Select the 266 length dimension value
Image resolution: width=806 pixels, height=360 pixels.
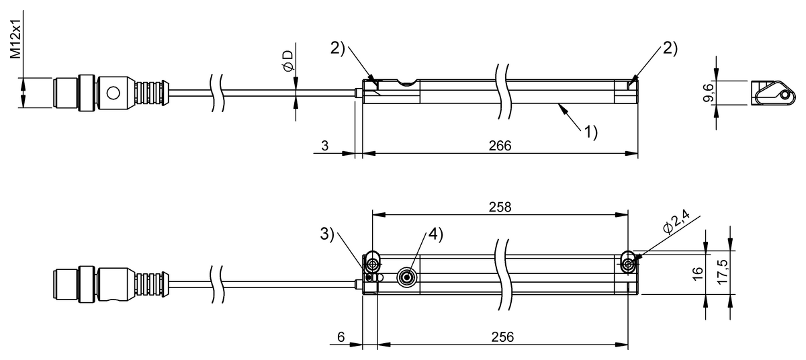500,145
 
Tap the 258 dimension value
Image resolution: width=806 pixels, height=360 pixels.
500,207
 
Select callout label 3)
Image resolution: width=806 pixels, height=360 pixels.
327,234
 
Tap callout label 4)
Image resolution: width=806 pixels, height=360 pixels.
435,234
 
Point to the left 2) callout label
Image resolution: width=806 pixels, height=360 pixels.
337,48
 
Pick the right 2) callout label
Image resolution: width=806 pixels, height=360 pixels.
670,48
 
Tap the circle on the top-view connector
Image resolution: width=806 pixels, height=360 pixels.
114,92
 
